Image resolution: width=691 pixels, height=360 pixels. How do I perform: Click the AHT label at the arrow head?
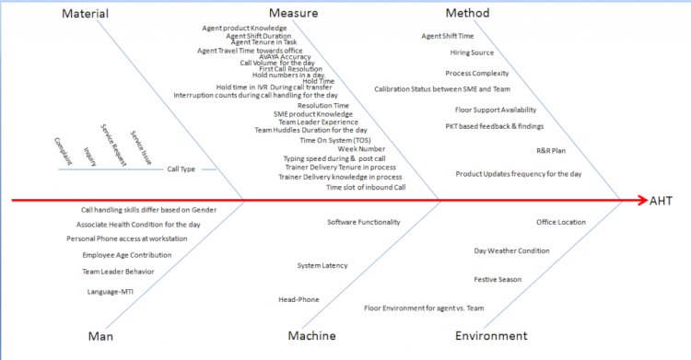(x=661, y=201)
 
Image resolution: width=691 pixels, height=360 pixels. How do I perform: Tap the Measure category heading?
(x=294, y=14)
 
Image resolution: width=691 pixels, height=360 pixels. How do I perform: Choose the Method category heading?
(x=467, y=14)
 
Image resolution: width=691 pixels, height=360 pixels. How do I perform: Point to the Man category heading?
(x=100, y=336)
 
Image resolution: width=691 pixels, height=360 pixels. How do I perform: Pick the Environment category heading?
(x=491, y=336)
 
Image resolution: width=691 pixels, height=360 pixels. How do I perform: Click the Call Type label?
(x=181, y=169)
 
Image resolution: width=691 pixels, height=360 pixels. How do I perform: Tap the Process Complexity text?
(x=477, y=73)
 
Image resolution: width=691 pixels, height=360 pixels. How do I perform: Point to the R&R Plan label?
(x=551, y=150)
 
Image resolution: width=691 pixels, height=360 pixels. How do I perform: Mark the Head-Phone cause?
(x=299, y=299)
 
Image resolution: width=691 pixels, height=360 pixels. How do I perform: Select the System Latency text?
(x=322, y=265)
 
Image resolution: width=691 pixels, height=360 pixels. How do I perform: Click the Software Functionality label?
(x=363, y=222)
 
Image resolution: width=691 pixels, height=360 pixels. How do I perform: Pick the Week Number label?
(x=360, y=149)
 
